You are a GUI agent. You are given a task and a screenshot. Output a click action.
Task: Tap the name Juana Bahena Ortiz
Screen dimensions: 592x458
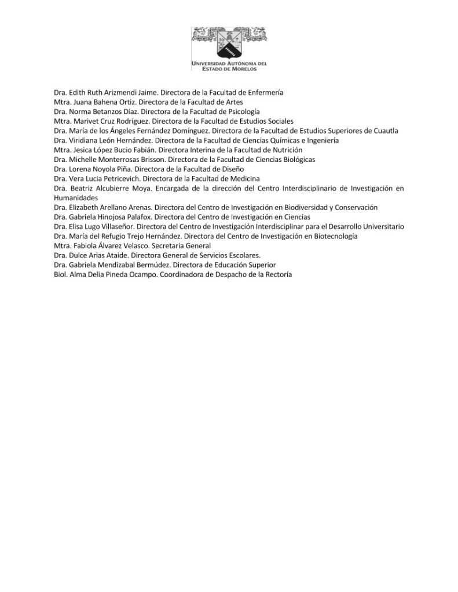tap(98, 101)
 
